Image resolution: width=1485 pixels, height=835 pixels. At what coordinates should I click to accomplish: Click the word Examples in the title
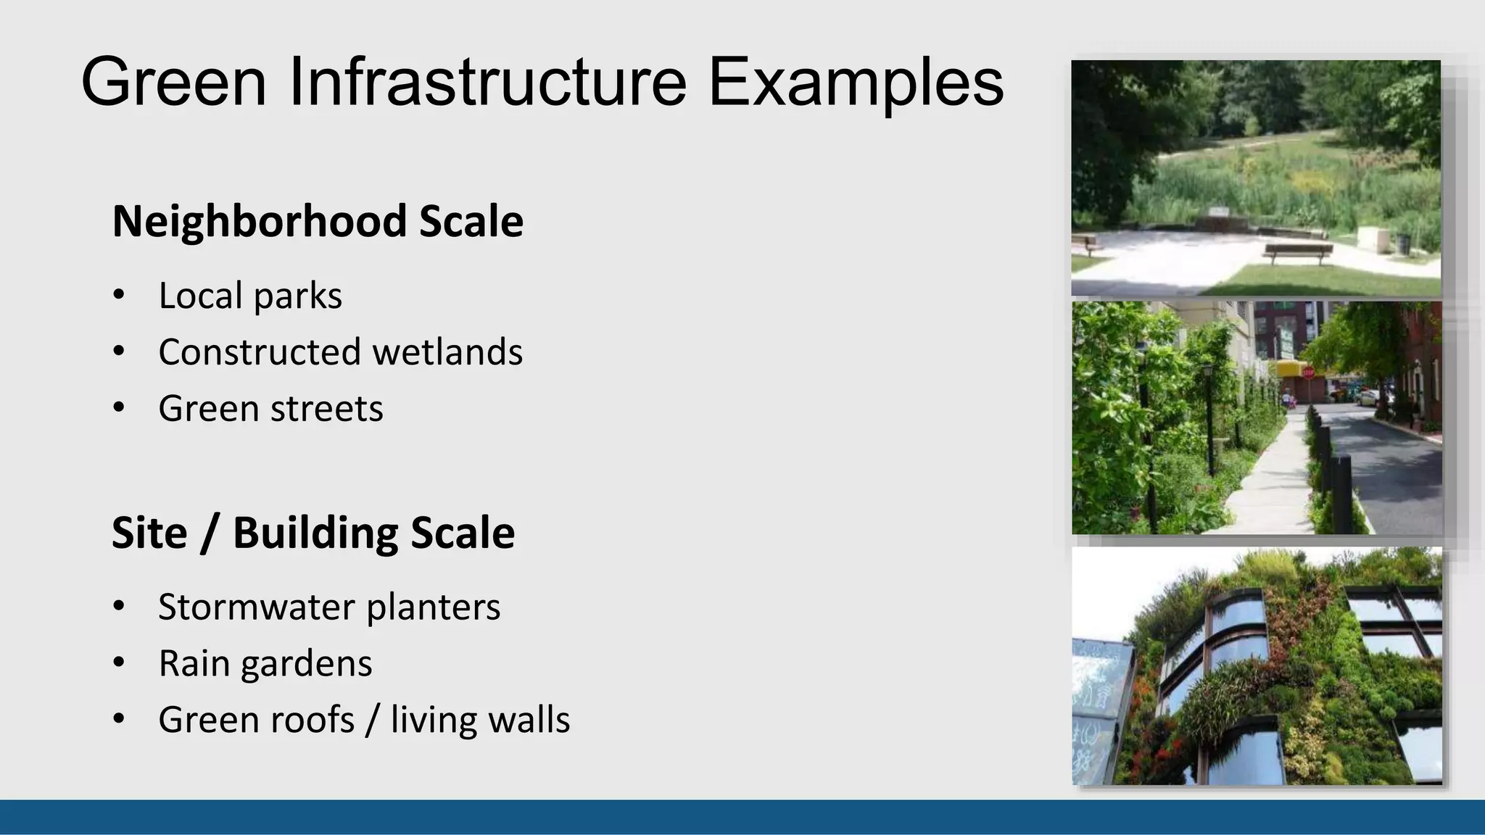point(856,83)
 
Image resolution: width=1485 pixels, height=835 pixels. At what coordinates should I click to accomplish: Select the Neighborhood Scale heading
point(318,221)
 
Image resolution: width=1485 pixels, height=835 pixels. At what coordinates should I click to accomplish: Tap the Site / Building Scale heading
point(313,533)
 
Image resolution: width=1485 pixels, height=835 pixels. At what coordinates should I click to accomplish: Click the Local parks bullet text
point(250,296)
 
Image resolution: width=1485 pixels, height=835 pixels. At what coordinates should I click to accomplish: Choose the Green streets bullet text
point(270,409)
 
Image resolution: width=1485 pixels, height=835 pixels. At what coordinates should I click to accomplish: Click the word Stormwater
point(257,607)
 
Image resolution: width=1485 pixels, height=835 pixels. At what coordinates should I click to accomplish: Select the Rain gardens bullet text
point(265,664)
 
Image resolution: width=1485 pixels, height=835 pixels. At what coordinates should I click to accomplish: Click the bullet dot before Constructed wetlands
point(119,352)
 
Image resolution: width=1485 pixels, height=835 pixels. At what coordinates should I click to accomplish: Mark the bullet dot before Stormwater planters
point(119,607)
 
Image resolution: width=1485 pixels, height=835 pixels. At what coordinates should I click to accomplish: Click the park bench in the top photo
point(1297,252)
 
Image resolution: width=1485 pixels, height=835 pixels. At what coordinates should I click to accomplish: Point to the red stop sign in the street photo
point(1308,373)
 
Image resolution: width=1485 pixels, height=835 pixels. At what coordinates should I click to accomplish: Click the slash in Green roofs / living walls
point(372,720)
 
